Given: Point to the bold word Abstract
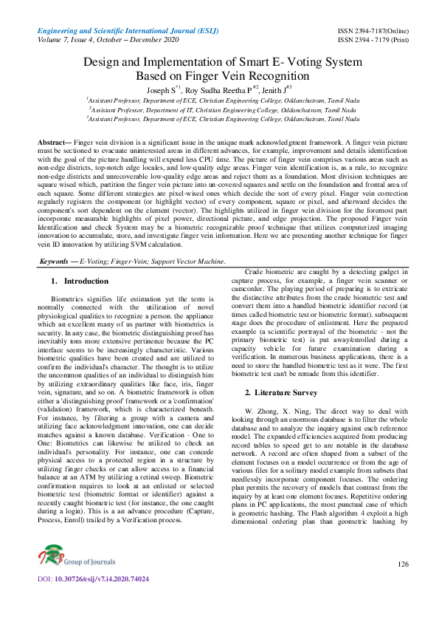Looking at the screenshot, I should tap(53, 140).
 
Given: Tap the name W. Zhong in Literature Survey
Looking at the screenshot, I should tap(262, 409).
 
